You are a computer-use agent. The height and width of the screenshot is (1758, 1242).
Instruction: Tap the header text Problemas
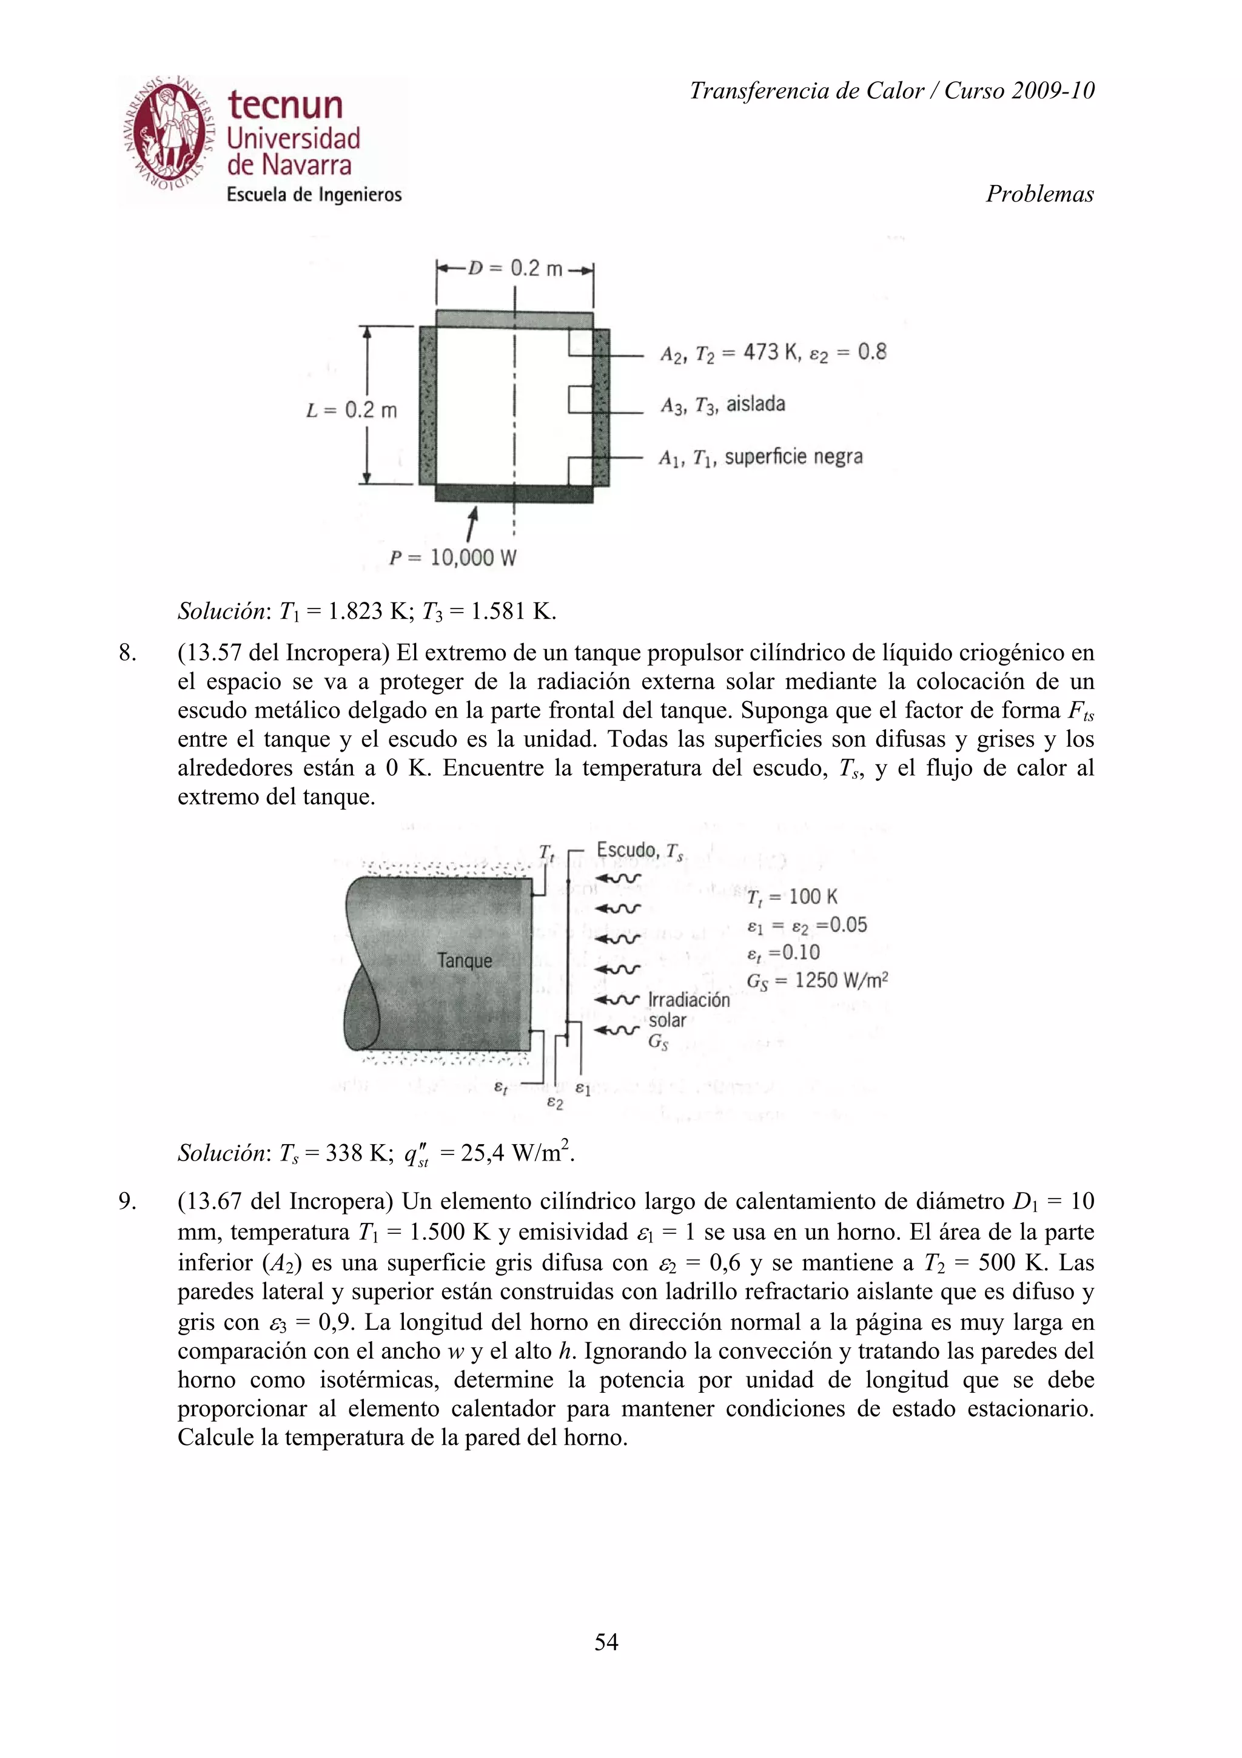click(1039, 194)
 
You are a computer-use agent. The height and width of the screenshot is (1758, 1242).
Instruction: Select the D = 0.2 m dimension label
click(515, 269)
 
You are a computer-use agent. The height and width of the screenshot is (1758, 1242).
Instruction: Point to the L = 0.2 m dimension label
click(351, 411)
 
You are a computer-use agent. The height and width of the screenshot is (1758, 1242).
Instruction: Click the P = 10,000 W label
click(452, 557)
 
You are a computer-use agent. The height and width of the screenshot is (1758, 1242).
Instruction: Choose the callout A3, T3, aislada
click(722, 404)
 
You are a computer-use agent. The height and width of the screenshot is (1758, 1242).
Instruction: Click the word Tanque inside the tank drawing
click(465, 960)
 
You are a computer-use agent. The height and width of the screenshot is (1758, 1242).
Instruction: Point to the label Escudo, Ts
click(640, 850)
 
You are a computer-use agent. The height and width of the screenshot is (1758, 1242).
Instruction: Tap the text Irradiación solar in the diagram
click(687, 1010)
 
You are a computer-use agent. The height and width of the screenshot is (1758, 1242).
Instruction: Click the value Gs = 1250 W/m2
click(816, 982)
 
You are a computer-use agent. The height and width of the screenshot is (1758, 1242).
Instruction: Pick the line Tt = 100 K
click(791, 897)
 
